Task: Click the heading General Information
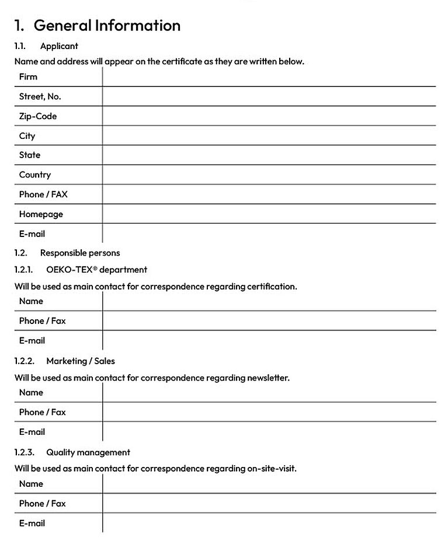coord(107,26)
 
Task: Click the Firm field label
coord(28,76)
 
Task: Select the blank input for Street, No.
coord(269,96)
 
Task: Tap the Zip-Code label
coord(37,116)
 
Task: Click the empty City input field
coord(269,135)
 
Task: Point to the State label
coord(30,155)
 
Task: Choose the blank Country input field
coord(269,175)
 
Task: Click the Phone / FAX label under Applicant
coord(43,194)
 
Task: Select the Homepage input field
coord(269,214)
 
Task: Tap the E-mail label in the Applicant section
coord(32,233)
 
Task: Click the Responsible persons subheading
coord(80,253)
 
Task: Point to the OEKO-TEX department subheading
coord(96,270)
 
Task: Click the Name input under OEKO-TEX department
coord(269,301)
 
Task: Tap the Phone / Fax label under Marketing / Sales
coord(42,412)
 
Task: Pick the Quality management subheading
coord(88,452)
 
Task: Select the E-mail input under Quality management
coord(269,523)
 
